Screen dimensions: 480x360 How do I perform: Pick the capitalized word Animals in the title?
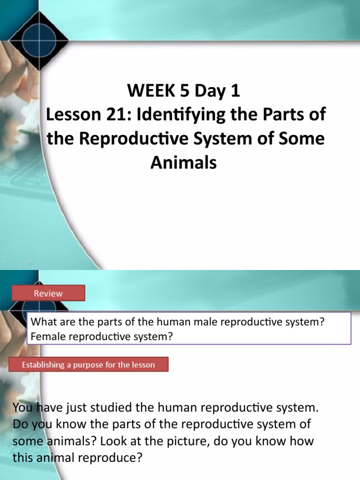pyautogui.click(x=184, y=163)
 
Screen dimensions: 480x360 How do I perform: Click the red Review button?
pyautogui.click(x=48, y=293)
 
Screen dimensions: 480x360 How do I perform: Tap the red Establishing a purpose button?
pyautogui.click(x=88, y=364)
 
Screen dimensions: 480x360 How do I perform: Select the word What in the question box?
pyautogui.click(x=40, y=323)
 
